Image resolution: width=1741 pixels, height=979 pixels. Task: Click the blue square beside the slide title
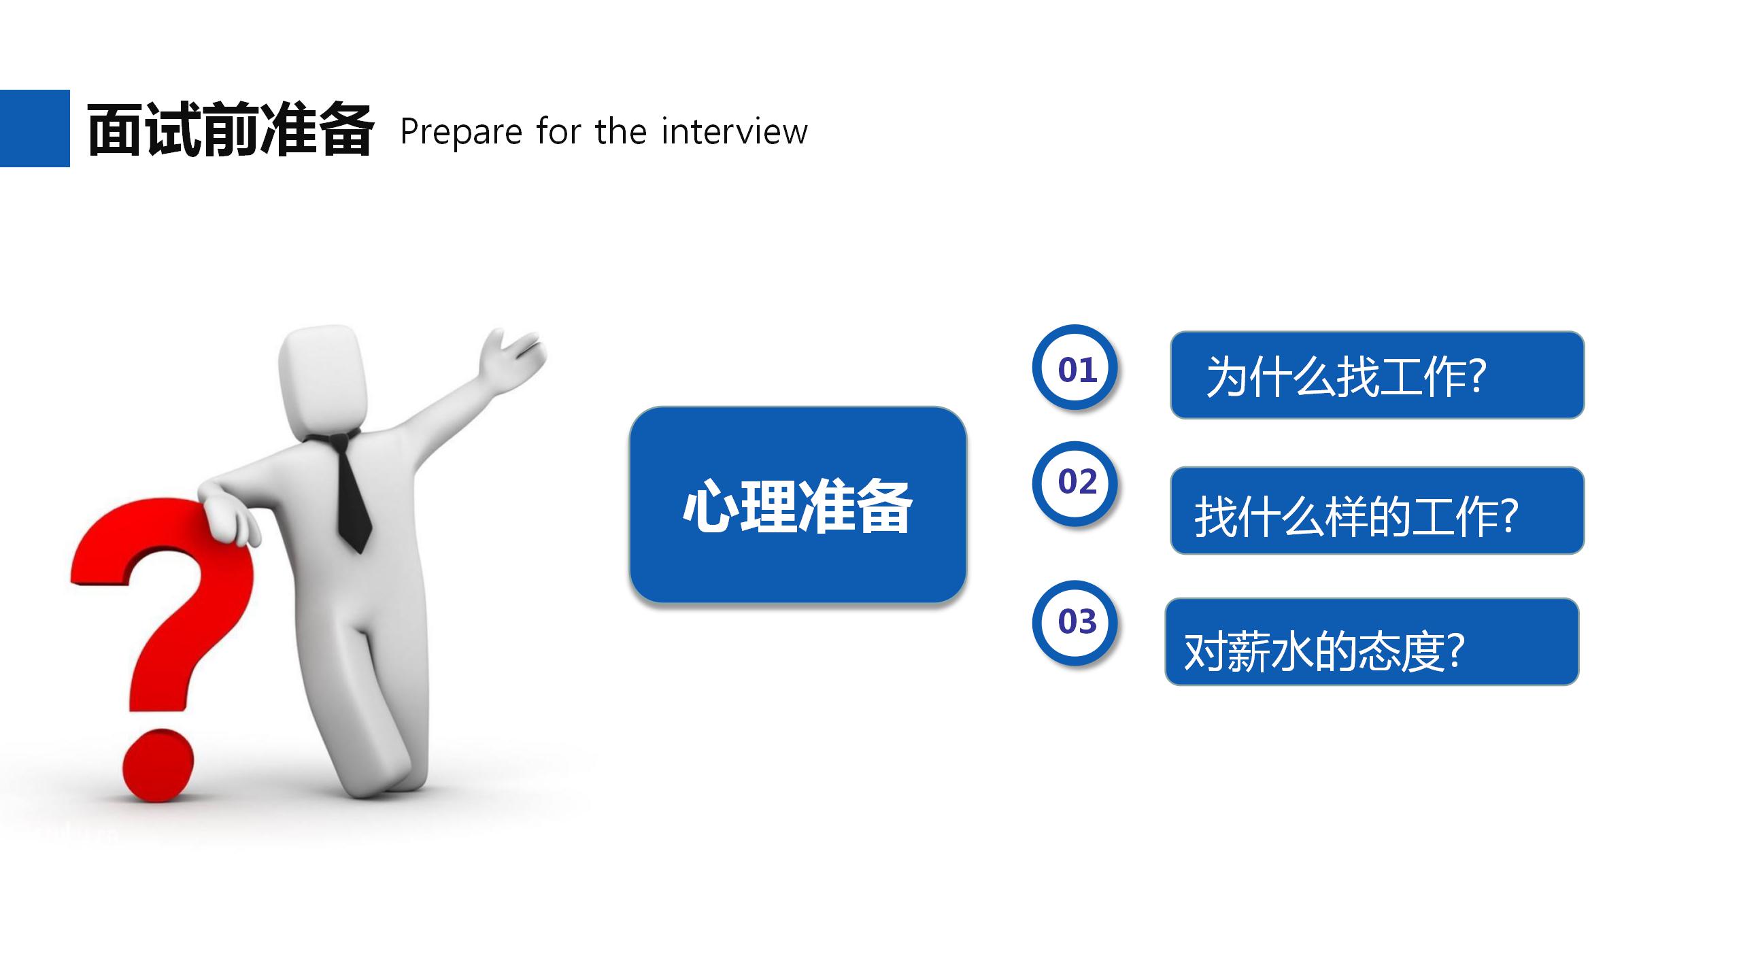tap(35, 128)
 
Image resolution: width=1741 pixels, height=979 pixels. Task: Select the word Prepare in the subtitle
tap(460, 132)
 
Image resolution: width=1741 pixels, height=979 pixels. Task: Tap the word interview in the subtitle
tap(734, 131)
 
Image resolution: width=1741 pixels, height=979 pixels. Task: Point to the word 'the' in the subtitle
tap(620, 131)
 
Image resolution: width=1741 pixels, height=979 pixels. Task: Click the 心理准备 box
tap(798, 504)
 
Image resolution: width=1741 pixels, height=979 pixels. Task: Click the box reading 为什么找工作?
tap(1376, 375)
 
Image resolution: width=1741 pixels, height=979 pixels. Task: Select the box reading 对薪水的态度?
tap(1371, 642)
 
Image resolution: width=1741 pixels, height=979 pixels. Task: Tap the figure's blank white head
tap(324, 381)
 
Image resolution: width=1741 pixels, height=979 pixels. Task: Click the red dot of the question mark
tap(158, 766)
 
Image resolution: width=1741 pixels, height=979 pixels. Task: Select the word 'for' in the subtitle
tap(555, 131)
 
